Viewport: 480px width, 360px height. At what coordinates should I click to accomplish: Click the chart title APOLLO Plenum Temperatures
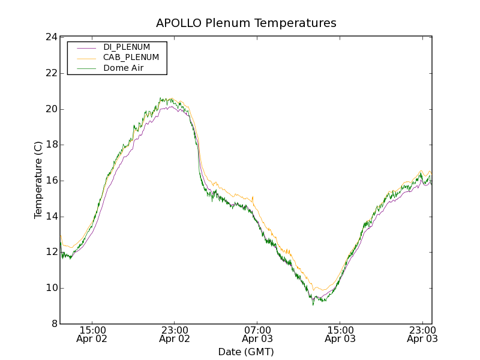tap(246, 23)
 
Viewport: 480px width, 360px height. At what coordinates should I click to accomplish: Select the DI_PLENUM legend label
tap(127, 47)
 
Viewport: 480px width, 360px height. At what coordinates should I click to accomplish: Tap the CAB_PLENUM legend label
tap(131, 58)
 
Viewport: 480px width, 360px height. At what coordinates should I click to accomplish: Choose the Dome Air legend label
tap(123, 68)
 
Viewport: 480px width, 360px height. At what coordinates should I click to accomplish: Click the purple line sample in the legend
tap(86, 47)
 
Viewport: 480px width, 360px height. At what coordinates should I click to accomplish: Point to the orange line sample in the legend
tap(86, 58)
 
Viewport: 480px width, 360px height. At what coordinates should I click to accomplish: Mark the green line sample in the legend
tap(86, 68)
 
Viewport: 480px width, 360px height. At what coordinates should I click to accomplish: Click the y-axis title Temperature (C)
tap(38, 180)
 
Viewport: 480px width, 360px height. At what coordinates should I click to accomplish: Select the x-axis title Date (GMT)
tap(246, 352)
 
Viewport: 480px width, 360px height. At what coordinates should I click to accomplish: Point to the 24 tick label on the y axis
tap(50, 37)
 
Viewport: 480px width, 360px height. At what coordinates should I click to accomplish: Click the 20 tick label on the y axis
tap(50, 109)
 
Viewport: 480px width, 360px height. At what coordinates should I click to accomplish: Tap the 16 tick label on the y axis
tap(50, 181)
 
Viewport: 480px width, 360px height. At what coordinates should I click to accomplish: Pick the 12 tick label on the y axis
tap(50, 252)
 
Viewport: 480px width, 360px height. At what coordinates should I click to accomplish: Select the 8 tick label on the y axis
tap(53, 324)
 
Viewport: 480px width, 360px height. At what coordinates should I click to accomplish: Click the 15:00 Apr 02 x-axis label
tap(92, 334)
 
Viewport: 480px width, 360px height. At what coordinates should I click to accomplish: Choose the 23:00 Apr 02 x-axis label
tap(175, 334)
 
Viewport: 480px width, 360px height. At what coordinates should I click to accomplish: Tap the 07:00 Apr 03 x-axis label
tap(257, 334)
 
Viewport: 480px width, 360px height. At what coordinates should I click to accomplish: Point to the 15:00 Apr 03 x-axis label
tap(340, 334)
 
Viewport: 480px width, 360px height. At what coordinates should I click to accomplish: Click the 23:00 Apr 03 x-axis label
tap(422, 334)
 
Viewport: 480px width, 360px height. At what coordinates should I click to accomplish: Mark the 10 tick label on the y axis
tap(50, 288)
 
